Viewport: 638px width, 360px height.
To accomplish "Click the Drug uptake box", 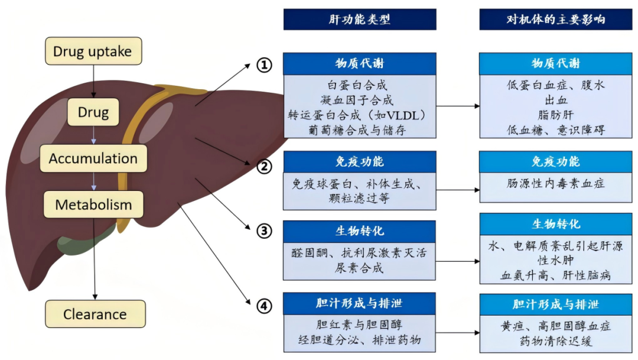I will coord(93,51).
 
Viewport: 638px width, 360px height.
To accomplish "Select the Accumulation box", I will coord(93,158).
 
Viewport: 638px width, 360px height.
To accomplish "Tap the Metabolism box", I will coord(93,205).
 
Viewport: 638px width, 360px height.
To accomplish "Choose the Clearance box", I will coord(95,314).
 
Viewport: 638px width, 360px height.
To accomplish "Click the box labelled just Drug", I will coord(93,112).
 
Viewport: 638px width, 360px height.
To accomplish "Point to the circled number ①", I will coord(264,65).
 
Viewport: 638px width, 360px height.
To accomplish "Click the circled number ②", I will coord(264,167).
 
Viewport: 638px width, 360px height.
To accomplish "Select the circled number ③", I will coord(264,231).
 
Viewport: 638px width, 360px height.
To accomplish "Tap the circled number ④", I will coord(264,306).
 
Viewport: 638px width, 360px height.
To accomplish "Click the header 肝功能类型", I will coord(360,20).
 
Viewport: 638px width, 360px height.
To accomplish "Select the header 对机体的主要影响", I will coord(556,20).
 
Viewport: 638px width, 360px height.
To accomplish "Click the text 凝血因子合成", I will coord(360,100).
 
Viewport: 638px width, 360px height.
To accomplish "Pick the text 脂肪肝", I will coord(556,115).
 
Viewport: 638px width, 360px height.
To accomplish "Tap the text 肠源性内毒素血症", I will coord(556,184).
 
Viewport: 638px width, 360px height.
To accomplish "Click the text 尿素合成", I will coord(360,268).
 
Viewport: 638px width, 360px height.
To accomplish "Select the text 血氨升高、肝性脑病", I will coord(556,275).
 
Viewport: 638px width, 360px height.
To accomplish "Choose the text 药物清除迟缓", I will coord(556,341).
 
